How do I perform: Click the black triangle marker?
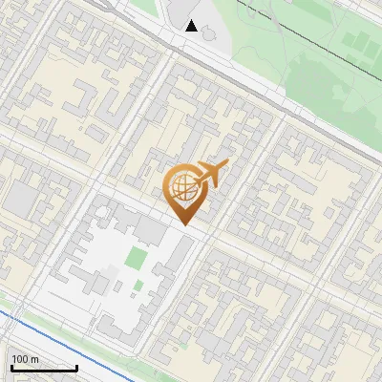[x=192, y=26]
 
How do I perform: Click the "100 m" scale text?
[x=25, y=360]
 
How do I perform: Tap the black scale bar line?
[x=44, y=369]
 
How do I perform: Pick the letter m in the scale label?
[x=34, y=360]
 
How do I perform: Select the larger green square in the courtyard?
[x=138, y=258]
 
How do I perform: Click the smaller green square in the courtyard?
[x=138, y=285]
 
